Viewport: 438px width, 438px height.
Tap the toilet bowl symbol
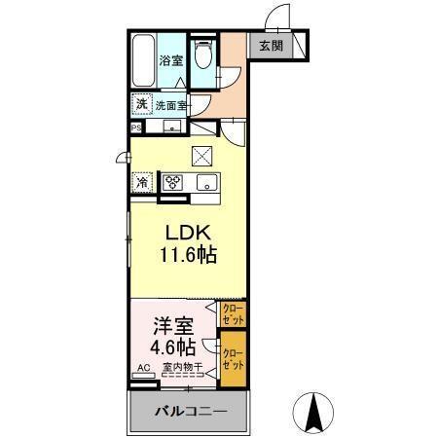(202, 56)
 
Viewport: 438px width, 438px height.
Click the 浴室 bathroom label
(171, 59)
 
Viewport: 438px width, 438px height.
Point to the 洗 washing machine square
(141, 104)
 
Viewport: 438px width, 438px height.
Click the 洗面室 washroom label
(171, 105)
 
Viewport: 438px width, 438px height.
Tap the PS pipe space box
(135, 126)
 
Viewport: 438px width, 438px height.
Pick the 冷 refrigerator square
(142, 182)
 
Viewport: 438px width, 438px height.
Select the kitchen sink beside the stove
(206, 183)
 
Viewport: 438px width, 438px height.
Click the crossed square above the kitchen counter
(201, 154)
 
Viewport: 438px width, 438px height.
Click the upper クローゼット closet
(233, 313)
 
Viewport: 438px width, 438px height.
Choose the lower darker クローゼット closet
(233, 357)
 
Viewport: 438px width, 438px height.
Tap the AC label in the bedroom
(142, 369)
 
